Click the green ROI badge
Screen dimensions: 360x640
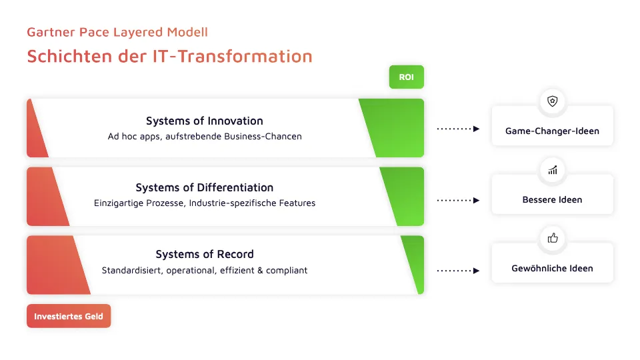406,77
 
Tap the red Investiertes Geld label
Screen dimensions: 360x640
69,317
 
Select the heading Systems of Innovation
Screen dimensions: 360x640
205,121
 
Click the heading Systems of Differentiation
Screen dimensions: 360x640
205,187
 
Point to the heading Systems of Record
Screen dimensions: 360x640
205,254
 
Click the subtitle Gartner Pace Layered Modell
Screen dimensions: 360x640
117,32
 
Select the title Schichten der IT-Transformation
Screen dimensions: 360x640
169,56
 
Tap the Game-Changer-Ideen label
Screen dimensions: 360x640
552,131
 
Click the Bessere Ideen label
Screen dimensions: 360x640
552,200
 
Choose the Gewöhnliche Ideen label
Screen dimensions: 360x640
552,269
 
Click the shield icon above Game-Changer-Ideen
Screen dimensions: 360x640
552,101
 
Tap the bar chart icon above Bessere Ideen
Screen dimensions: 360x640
552,170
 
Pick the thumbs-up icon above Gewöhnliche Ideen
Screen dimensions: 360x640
552,238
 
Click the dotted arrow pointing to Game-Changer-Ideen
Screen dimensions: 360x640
458,129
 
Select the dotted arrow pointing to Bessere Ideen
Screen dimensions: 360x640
458,200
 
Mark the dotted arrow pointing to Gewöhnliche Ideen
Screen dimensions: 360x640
458,271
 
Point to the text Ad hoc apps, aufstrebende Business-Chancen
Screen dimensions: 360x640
205,137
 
